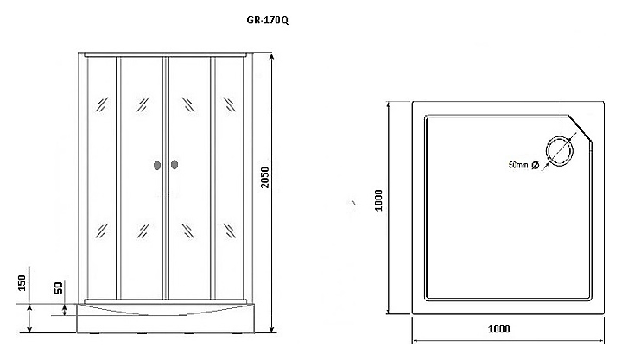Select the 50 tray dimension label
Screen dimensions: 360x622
click(58, 288)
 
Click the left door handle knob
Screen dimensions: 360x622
click(156, 164)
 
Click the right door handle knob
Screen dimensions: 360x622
click(174, 164)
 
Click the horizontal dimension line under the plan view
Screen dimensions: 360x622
click(508, 338)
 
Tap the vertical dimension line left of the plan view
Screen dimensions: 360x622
click(389, 207)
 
